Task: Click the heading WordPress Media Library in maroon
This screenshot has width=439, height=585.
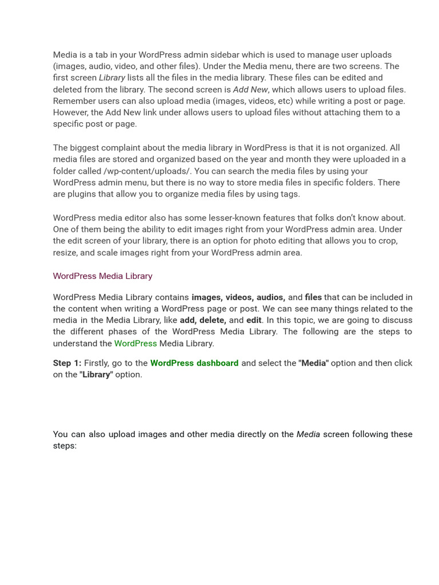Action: pyautogui.click(x=102, y=276)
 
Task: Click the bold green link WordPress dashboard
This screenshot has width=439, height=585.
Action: pyautogui.click(x=194, y=363)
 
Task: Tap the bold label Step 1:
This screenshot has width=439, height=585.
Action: pyautogui.click(x=67, y=363)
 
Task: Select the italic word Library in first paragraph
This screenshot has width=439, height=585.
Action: pyautogui.click(x=112, y=78)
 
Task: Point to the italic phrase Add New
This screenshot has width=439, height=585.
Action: pyautogui.click(x=250, y=89)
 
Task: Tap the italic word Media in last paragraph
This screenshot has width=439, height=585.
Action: pyautogui.click(x=308, y=434)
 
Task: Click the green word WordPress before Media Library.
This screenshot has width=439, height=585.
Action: pyautogui.click(x=135, y=343)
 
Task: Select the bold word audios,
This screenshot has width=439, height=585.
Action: pyautogui.click(x=271, y=297)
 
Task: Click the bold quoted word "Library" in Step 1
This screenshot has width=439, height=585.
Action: pyautogui.click(x=96, y=374)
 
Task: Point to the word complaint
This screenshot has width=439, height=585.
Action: pyautogui.click(x=125, y=147)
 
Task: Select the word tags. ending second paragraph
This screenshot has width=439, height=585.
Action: pyautogui.click(x=289, y=194)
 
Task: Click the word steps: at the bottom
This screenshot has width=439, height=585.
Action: pyautogui.click(x=65, y=446)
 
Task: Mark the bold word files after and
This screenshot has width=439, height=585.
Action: pyautogui.click(x=313, y=297)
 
